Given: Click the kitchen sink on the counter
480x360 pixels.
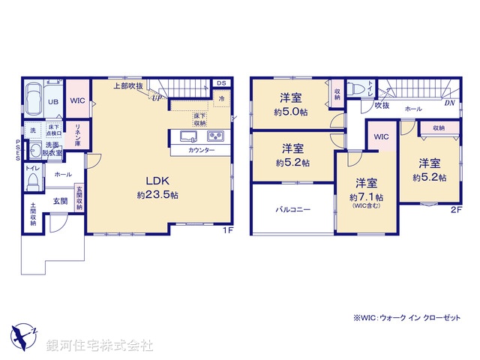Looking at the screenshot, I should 187,136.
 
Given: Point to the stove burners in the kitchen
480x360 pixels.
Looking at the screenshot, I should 215,136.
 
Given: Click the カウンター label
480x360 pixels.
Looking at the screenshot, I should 201,151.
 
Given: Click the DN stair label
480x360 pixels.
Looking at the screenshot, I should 448,104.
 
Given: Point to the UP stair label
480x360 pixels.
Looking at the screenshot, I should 157,97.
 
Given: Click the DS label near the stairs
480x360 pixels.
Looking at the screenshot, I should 221,83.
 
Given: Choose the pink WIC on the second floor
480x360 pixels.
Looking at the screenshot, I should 381,137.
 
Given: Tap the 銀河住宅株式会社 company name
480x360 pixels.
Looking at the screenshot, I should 100,345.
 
